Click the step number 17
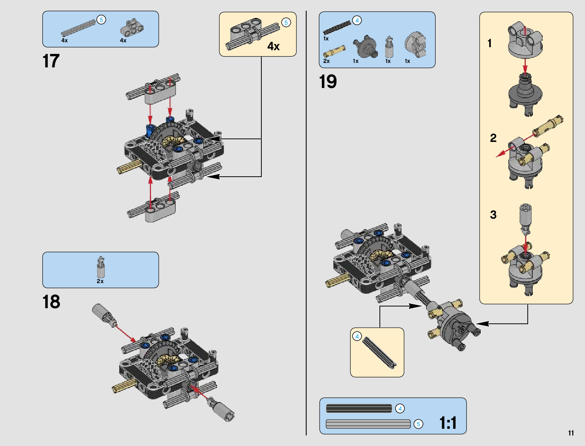(51, 61)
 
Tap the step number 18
(51, 302)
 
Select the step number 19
(328, 82)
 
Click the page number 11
(571, 433)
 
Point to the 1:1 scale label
(448, 423)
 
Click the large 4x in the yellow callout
(273, 46)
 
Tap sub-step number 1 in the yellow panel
(489, 43)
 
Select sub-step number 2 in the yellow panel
(493, 138)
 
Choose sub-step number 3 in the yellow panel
(493, 215)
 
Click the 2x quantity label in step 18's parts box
(100, 281)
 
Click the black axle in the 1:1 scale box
(359, 408)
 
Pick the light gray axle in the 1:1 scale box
(368, 424)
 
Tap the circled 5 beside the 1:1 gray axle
(418, 424)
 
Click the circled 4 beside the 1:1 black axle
(400, 409)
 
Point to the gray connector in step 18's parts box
(101, 267)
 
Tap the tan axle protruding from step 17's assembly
(129, 167)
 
